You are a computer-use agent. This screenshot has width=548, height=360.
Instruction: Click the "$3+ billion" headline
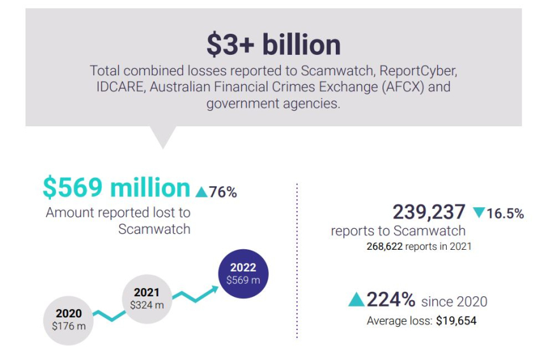click(273, 45)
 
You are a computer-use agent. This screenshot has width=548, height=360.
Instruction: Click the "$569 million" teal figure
click(117, 188)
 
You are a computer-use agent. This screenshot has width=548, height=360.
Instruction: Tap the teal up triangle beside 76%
click(201, 192)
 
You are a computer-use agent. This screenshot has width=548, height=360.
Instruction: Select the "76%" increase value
click(222, 192)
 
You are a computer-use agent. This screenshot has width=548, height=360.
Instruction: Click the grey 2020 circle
click(68, 319)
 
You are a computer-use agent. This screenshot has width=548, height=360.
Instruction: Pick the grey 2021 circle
click(147, 298)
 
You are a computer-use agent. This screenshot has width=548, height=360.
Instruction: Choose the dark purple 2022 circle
click(243, 273)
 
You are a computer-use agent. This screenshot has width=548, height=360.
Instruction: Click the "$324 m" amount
click(147, 305)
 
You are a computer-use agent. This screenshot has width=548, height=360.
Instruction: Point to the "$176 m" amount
click(68, 326)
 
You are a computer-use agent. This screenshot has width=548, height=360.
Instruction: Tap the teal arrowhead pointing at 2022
click(213, 289)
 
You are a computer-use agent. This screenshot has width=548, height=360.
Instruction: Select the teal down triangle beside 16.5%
click(479, 213)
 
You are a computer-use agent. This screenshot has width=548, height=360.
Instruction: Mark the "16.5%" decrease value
click(505, 214)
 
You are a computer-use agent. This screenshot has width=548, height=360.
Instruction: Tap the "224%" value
click(391, 299)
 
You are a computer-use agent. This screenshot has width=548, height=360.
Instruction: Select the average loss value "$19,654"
click(456, 321)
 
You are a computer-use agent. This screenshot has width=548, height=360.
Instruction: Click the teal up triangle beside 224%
click(356, 300)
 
